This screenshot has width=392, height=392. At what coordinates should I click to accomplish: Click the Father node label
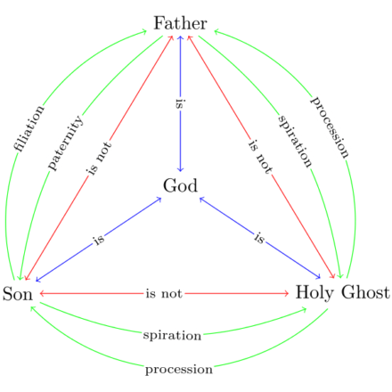coord(180,23)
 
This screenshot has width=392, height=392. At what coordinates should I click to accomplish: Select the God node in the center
coord(180,185)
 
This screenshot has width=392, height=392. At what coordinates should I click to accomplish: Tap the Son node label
coord(18,294)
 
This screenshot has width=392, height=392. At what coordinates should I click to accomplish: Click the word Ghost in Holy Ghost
coord(365,292)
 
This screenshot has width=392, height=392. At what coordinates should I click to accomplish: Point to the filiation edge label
coord(29,128)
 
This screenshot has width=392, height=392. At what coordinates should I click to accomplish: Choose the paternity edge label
coord(66,143)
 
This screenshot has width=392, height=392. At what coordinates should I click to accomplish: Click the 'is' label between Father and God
coord(180,104)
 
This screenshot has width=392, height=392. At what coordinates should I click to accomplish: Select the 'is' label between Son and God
coord(99,240)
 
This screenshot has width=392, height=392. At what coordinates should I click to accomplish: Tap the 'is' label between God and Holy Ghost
coord(259,238)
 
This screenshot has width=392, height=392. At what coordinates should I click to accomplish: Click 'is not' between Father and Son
coord(99,158)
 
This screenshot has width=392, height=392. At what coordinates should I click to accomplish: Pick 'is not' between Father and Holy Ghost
coord(260,157)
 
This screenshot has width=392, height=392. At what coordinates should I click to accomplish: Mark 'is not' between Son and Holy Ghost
coord(164,293)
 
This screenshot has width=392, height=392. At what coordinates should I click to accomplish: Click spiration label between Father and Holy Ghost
coord(295,142)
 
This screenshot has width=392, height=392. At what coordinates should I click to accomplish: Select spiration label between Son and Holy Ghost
coord(172,336)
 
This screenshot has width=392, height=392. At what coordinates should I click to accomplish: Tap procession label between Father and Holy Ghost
coord(330,127)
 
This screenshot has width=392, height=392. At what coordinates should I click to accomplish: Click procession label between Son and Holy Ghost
coord(179,370)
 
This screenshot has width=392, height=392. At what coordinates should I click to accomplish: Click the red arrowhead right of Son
coord(42,293)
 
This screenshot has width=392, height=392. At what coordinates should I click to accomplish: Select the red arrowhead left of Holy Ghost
coord(286,293)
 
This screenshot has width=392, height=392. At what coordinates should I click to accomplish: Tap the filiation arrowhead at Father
coord(144,31)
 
